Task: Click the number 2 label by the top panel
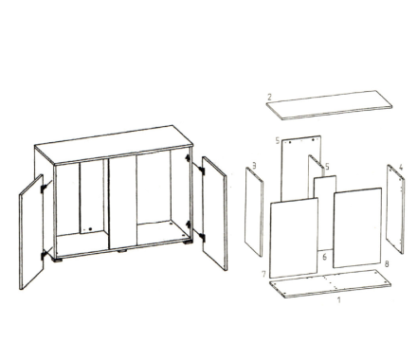(269, 97)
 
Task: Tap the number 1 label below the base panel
(339, 299)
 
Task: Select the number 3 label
(254, 165)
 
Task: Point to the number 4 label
(401, 167)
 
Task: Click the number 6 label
(324, 257)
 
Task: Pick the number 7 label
(264, 274)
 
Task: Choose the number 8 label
(387, 263)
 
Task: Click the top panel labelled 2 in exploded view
(329, 105)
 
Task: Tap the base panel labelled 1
(330, 283)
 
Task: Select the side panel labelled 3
(254, 211)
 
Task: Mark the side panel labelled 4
(395, 208)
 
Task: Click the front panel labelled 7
(294, 238)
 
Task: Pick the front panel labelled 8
(357, 227)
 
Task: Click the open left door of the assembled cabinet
(31, 232)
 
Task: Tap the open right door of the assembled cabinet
(214, 213)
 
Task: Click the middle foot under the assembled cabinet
(122, 251)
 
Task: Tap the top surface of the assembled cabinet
(114, 145)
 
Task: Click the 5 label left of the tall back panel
(278, 140)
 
